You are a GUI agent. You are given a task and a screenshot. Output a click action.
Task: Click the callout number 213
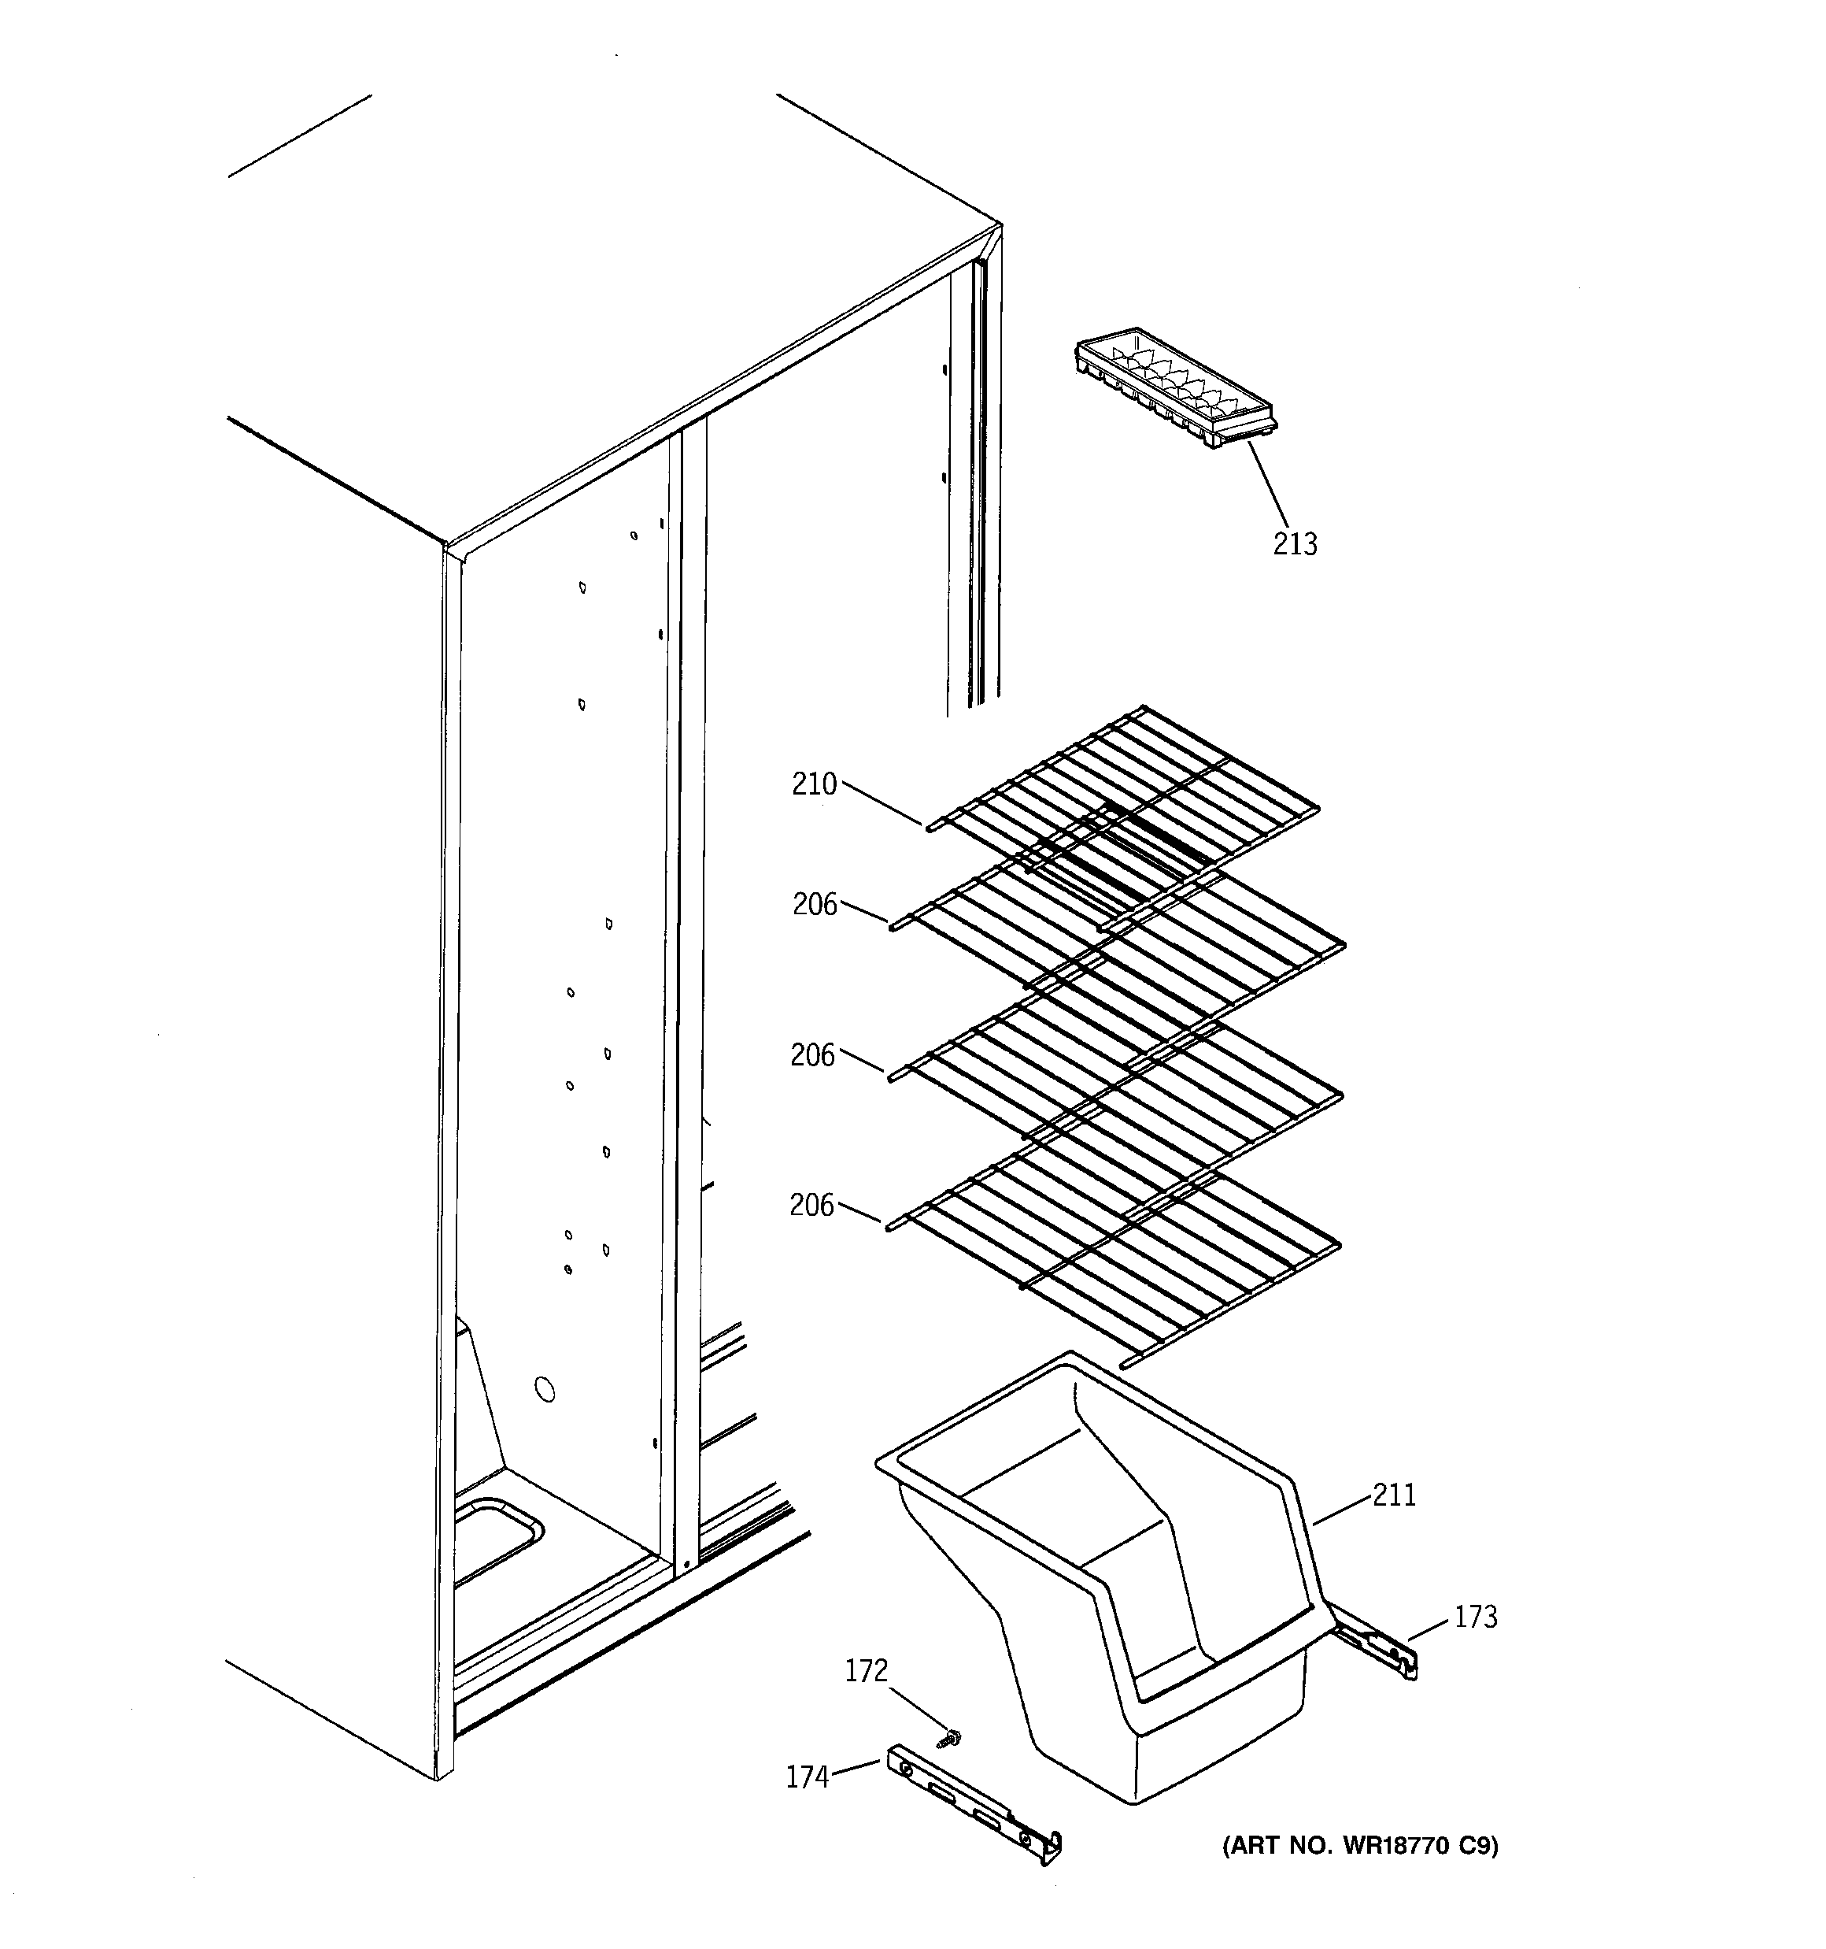click(x=1295, y=543)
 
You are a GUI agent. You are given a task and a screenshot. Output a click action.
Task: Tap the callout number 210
click(x=815, y=784)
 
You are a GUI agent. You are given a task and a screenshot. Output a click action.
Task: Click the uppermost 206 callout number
click(x=815, y=904)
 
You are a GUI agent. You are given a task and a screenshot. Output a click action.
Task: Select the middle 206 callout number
click(x=812, y=1055)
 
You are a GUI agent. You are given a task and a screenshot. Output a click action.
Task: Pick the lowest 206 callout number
click(x=811, y=1205)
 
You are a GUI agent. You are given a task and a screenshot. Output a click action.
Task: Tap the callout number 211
click(x=1394, y=1495)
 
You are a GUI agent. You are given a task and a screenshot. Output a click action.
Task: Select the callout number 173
click(x=1475, y=1617)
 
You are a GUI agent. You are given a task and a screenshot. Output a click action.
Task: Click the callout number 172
click(x=867, y=1670)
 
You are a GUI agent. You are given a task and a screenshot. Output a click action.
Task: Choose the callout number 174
click(x=808, y=1777)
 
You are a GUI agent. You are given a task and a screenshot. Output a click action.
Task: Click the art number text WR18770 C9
click(x=1359, y=1846)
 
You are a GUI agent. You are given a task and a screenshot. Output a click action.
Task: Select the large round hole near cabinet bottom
click(x=544, y=1389)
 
